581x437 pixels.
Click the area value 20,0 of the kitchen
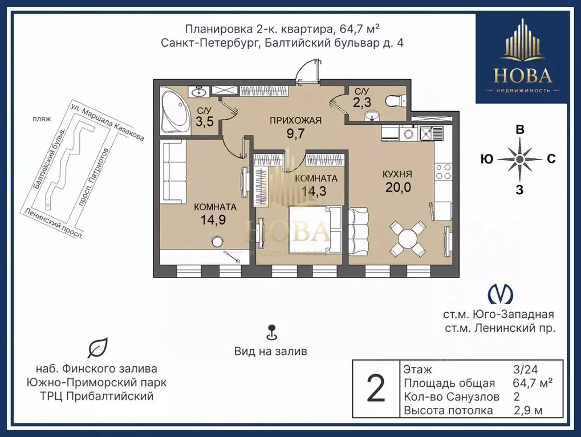pyautogui.click(x=398, y=188)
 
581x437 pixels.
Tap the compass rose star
pyautogui.click(x=519, y=160)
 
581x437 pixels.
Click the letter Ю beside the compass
pyautogui.click(x=486, y=160)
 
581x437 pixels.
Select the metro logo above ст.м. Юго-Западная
pyautogui.click(x=501, y=294)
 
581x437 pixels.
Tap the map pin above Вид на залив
pyautogui.click(x=271, y=332)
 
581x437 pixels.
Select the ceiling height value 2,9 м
pyautogui.click(x=529, y=410)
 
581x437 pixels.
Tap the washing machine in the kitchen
pyautogui.click(x=409, y=134)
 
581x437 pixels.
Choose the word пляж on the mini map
pyautogui.click(x=42, y=119)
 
